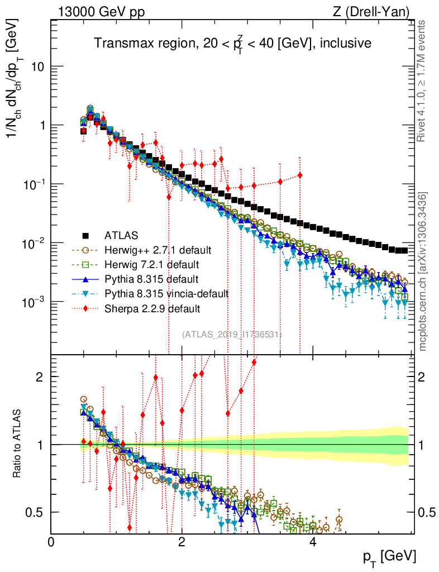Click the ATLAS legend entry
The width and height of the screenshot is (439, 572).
coord(120,235)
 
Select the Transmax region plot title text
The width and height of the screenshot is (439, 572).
coord(232,43)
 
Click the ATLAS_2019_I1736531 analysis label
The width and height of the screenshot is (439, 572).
coord(232,334)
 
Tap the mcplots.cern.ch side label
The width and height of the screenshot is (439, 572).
coord(423,271)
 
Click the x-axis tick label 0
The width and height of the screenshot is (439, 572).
coord(51,542)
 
